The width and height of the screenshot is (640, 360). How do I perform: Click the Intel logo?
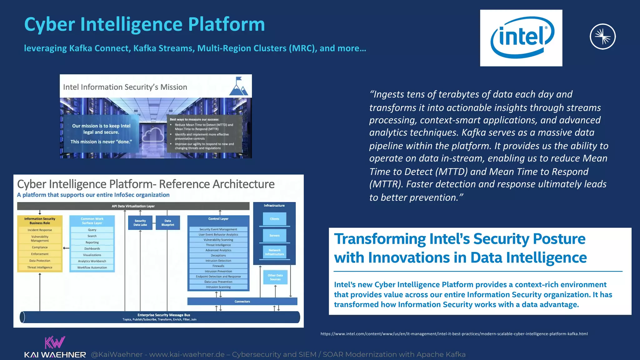[x=521, y=38]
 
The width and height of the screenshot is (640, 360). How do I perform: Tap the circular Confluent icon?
[x=602, y=37]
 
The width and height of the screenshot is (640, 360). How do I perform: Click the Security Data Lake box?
[x=140, y=222]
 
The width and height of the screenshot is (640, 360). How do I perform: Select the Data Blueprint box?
[x=168, y=222]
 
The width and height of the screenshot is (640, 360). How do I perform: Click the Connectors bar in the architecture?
[x=242, y=302]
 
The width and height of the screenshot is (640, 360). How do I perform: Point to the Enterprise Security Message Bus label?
[x=164, y=315]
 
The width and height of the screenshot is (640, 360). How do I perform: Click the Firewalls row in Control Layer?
[x=218, y=266]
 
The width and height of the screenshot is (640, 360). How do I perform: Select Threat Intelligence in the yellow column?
[x=40, y=267]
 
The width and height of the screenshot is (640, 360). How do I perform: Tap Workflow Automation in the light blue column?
[x=92, y=267]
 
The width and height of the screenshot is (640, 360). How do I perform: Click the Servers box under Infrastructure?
[x=274, y=236]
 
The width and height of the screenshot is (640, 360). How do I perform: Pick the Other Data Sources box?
[x=275, y=277]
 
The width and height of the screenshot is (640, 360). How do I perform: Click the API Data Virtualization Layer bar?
[x=133, y=206]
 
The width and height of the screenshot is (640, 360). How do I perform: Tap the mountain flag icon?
[x=238, y=87]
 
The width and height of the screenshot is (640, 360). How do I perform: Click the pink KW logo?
[x=55, y=342]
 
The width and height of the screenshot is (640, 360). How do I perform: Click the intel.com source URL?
[x=454, y=334]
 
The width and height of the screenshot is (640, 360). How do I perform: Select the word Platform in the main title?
[x=226, y=24]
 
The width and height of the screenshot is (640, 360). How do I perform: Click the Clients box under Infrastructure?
[x=274, y=219]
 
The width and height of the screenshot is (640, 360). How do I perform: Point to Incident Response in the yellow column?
[x=40, y=230]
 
